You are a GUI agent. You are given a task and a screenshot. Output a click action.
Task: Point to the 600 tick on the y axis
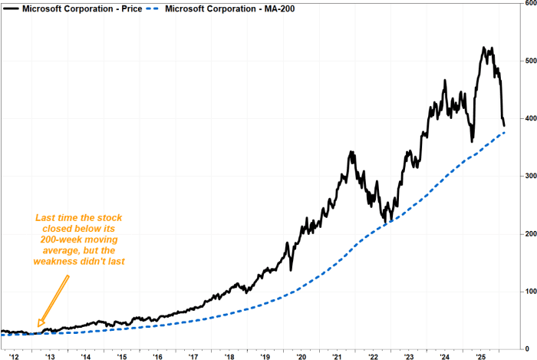(529, 3)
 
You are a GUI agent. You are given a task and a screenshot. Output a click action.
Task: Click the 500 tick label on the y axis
(529, 61)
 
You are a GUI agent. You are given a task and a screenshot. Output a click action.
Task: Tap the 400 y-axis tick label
(529, 118)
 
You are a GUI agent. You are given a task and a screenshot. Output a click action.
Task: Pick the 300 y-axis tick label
(529, 176)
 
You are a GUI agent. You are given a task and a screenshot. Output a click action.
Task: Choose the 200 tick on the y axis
(529, 233)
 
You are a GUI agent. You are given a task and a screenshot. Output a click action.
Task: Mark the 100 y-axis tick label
(529, 292)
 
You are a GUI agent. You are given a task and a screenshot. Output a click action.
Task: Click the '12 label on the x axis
(15, 355)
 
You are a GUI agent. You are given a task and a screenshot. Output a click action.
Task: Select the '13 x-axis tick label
(50, 355)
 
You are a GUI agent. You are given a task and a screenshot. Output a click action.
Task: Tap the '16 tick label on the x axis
(157, 355)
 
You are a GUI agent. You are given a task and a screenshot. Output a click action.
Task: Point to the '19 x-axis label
(265, 355)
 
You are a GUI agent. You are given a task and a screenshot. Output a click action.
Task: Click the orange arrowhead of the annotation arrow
(41, 324)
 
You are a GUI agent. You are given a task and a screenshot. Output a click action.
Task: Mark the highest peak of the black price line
(484, 48)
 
